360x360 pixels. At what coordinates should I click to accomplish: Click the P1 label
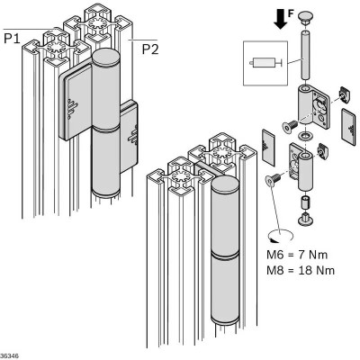12,39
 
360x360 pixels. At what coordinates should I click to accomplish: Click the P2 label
150,49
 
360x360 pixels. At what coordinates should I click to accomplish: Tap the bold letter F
291,13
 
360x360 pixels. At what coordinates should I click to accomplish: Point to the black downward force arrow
281,20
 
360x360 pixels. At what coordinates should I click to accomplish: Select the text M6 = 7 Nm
297,255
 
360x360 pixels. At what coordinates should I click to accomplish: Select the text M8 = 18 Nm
301,270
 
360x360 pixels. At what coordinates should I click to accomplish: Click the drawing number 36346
9,356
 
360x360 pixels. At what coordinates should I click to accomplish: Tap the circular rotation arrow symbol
281,236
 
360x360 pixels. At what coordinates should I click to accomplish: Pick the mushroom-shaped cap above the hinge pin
306,16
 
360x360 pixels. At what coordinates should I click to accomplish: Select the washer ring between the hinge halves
306,136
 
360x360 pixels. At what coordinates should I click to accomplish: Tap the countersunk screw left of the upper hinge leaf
289,127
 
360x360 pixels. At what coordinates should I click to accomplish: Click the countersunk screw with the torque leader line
273,180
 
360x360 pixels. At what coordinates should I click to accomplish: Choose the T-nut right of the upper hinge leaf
345,94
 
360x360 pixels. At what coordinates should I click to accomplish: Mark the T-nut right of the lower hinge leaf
322,149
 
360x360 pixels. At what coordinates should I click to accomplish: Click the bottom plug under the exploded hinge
305,219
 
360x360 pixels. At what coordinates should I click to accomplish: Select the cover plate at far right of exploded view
348,127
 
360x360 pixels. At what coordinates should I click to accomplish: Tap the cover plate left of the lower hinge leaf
268,148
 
